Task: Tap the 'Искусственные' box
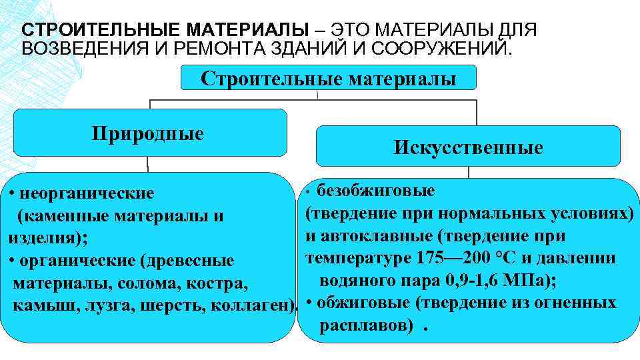pyautogui.click(x=468, y=147)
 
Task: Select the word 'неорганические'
pyautogui.click(x=87, y=194)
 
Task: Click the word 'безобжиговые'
pyautogui.click(x=377, y=191)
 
